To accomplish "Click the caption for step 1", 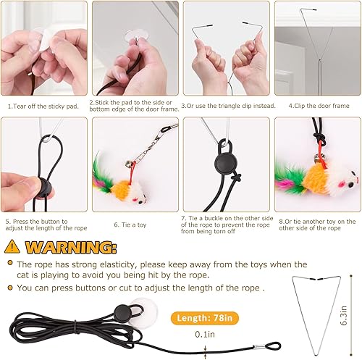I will [43, 106].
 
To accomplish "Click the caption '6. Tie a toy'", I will [132, 225].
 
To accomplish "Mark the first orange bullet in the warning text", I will [9, 265].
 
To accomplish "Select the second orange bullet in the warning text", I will [9, 287].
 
